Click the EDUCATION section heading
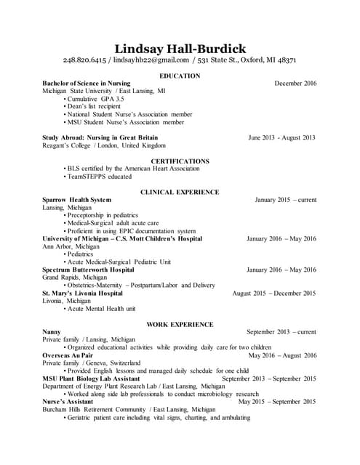180,76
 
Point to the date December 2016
295,84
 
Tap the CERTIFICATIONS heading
180,161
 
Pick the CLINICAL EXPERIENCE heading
180,192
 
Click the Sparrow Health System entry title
77,200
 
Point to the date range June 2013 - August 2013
281,137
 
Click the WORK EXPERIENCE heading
180,324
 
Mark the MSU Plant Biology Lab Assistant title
91,379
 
